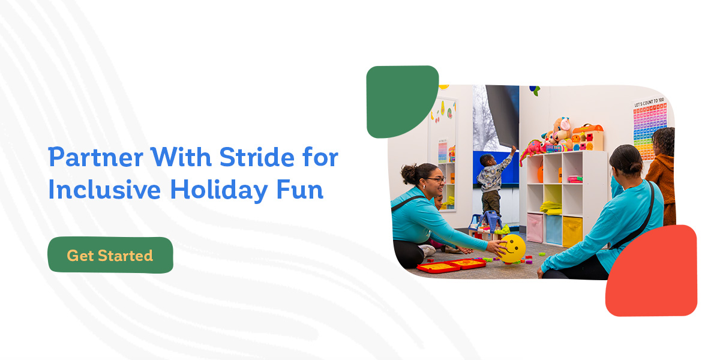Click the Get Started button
point(110,256)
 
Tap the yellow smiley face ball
point(512,248)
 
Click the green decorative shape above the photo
point(400,99)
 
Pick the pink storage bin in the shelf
point(535,227)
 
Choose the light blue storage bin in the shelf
point(554,228)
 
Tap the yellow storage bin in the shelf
point(572,230)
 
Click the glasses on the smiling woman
point(437,179)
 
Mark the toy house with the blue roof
point(487,222)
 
